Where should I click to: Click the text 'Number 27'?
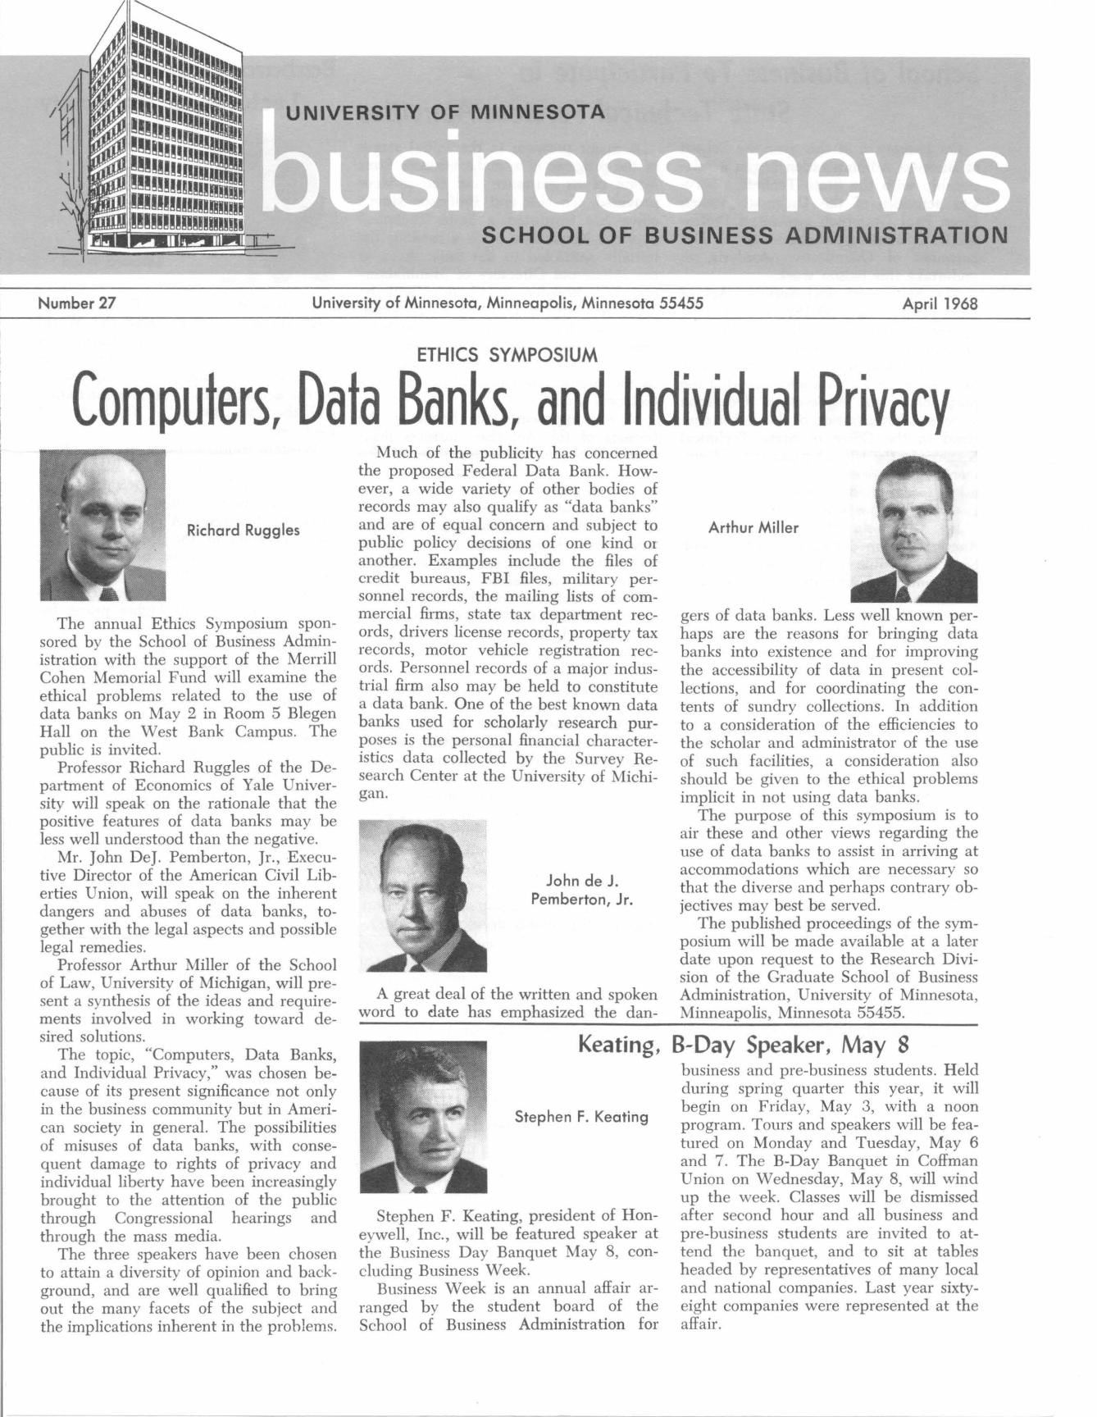(x=76, y=304)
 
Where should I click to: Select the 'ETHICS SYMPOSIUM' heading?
(x=507, y=355)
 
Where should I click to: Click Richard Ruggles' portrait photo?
(x=102, y=526)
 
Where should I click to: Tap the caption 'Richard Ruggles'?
(x=244, y=531)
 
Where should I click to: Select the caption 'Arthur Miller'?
(x=753, y=528)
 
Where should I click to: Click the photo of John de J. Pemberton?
(x=423, y=896)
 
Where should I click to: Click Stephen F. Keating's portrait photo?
(x=423, y=1117)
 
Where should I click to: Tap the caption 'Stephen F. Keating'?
(x=581, y=1117)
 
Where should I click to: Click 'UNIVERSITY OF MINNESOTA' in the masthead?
(x=444, y=112)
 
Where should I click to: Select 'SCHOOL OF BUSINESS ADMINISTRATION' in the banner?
(x=744, y=236)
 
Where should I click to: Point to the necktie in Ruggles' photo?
(x=108, y=593)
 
